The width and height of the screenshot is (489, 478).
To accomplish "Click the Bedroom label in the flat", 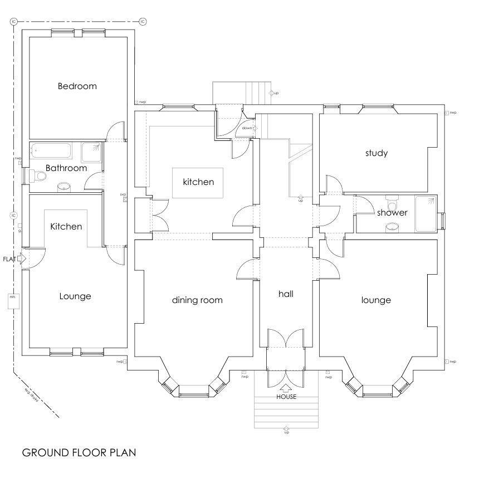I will coord(77,86).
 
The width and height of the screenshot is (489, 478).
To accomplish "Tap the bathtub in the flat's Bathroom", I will coord(51,151).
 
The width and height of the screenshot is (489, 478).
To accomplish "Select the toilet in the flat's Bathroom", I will coord(40,176).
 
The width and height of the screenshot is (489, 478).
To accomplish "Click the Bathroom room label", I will coord(66,168).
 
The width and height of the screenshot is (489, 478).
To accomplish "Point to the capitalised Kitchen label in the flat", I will coord(66,226).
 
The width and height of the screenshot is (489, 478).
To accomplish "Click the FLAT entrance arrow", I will coord(21,259).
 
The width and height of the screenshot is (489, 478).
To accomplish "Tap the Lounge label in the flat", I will coord(75,296).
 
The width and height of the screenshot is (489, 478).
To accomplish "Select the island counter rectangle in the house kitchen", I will coord(197,182).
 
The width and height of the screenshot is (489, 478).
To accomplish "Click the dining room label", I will coord(197,300).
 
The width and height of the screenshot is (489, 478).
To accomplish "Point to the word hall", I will coord(286,294).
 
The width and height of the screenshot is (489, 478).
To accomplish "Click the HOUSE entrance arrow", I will coord(286,388).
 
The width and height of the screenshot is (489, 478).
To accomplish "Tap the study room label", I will coord(376,153).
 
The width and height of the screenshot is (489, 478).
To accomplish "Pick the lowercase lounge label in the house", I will coord(376,300).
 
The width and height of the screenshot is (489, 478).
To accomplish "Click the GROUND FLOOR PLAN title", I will coord(79,452).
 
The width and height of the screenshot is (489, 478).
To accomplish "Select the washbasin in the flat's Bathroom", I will coord(65,186).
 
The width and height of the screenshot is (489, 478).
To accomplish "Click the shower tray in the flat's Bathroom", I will coord(91,152).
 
